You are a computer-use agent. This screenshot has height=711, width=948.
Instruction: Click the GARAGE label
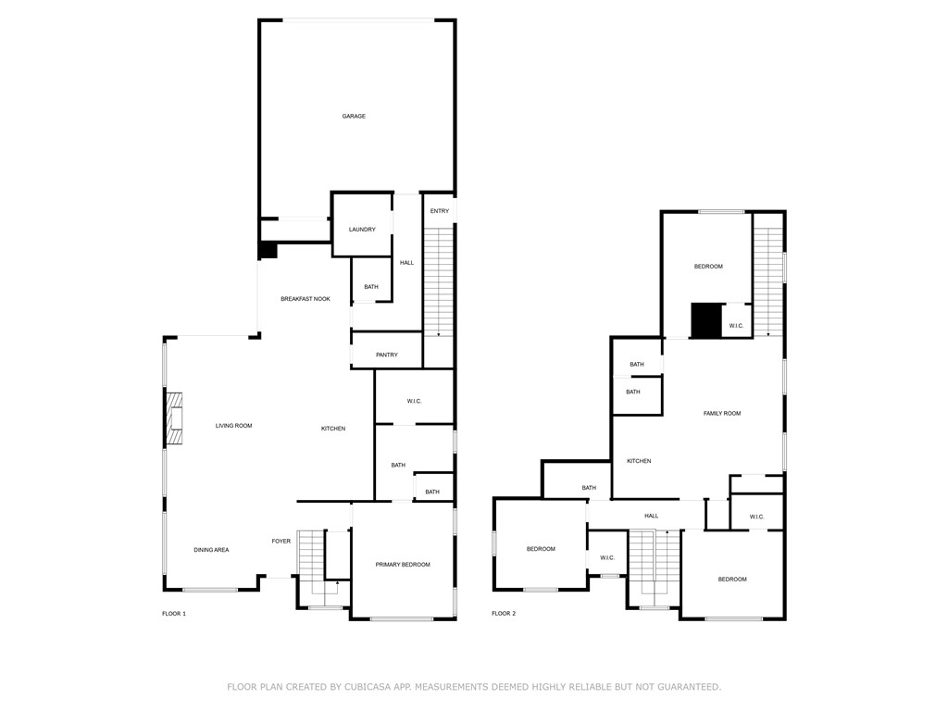click(354, 117)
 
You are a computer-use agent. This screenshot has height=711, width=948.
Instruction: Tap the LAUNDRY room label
click(362, 230)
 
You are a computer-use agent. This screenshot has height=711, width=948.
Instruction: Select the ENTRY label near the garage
click(440, 211)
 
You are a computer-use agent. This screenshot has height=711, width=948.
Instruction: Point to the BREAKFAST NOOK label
click(306, 299)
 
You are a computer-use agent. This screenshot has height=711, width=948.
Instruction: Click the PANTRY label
click(387, 355)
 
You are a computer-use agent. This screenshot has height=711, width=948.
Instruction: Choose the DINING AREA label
click(211, 550)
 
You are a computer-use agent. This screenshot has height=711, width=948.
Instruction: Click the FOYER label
click(281, 542)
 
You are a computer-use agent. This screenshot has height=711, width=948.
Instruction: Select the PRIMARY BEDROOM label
click(403, 565)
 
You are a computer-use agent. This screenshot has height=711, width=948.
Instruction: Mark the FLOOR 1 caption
click(174, 614)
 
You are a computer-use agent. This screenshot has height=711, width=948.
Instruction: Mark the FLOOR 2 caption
click(504, 614)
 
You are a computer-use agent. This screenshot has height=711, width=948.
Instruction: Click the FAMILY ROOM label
click(722, 414)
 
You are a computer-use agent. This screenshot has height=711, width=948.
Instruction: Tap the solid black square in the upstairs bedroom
click(706, 321)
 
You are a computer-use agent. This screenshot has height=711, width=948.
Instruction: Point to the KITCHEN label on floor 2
click(639, 461)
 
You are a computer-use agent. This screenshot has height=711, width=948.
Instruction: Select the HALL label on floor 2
click(652, 516)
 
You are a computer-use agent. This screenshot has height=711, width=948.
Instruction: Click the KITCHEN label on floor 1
click(333, 429)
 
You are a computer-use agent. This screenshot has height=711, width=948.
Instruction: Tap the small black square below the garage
click(268, 250)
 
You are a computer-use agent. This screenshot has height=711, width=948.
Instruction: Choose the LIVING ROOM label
click(233, 426)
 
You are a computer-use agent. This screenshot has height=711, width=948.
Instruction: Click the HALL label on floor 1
click(406, 263)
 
